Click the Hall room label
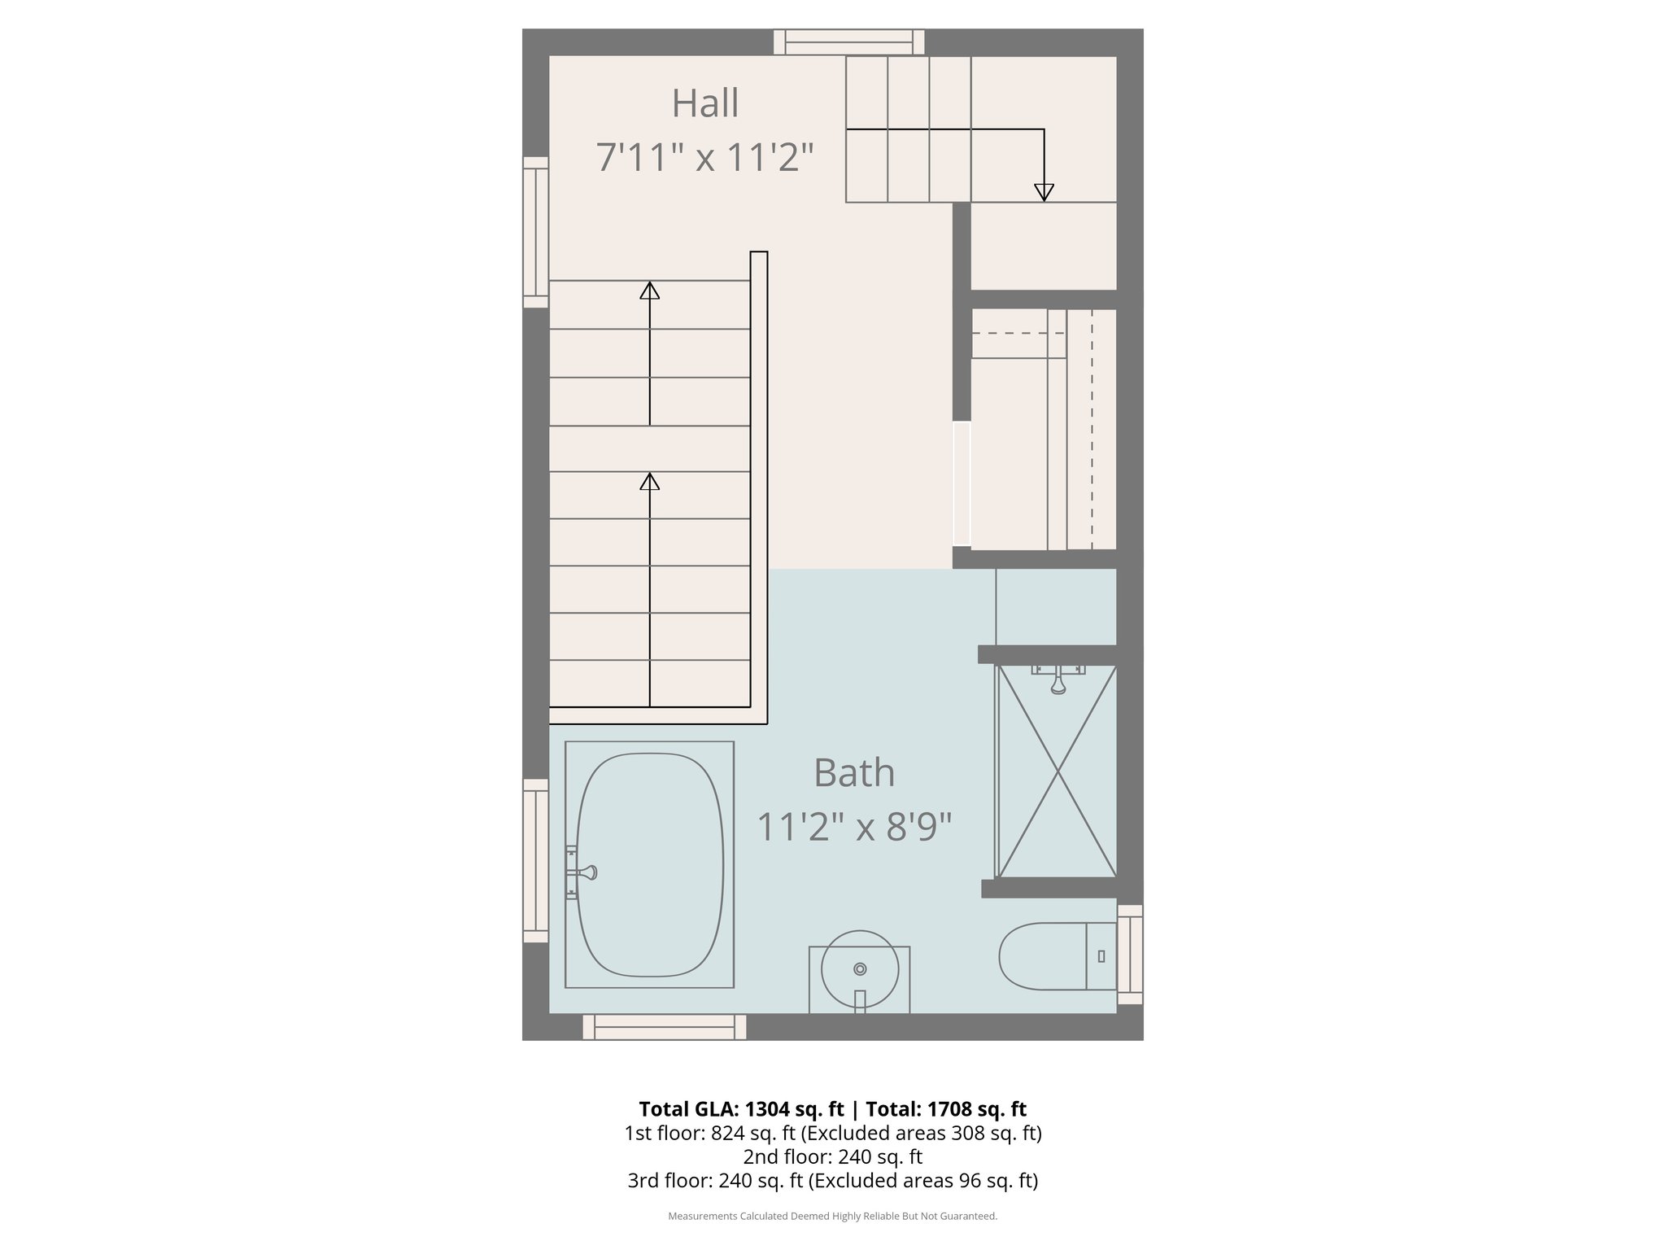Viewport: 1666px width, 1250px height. (x=704, y=104)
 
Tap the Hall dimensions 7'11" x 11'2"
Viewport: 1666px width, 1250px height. (x=704, y=157)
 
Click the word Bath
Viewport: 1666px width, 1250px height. (x=854, y=773)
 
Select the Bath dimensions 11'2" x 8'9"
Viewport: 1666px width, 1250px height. (x=854, y=828)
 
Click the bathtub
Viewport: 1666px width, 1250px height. (x=649, y=864)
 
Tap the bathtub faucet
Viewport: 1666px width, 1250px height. (x=583, y=872)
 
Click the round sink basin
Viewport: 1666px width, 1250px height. (x=860, y=968)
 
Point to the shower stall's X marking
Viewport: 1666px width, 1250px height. (x=1057, y=771)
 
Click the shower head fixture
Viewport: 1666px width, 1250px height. (x=1058, y=679)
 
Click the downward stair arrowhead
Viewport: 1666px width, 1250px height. (x=1044, y=192)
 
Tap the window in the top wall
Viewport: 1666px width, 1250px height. (x=848, y=42)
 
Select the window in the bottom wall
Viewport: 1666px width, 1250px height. (x=665, y=1026)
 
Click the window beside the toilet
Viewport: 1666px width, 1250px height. (x=1130, y=955)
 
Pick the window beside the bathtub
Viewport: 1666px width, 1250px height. (x=535, y=861)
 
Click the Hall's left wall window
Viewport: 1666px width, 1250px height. (x=535, y=232)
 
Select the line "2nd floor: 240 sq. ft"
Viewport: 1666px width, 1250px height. (x=832, y=1156)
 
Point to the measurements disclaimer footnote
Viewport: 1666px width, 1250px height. (x=832, y=1216)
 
